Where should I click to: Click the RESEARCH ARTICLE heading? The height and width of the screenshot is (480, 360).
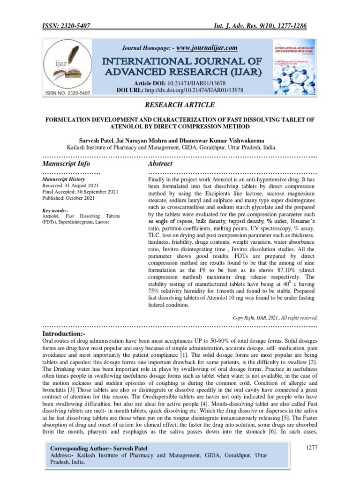point(180,105)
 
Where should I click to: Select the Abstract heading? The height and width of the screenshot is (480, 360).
point(160,164)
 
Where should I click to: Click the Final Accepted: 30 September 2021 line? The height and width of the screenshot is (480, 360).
point(80,192)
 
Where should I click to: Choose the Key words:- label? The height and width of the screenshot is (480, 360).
point(55,211)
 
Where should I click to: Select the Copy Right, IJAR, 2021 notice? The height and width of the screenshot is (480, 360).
point(276,317)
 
